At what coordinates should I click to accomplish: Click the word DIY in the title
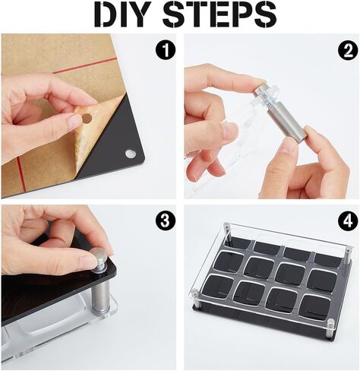121,15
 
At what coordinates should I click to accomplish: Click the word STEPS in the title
219,15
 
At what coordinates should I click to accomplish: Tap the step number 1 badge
166,49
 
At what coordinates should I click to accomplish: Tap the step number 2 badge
349,52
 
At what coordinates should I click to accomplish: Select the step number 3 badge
166,220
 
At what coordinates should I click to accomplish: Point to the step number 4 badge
349,221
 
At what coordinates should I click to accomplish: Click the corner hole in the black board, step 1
131,154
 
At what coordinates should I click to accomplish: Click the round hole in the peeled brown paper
87,118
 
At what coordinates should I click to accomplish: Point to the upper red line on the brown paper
84,66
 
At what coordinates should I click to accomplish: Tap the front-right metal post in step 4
330,328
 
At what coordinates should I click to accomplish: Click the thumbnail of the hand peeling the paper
89,116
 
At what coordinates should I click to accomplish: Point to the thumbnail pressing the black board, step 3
89,287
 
